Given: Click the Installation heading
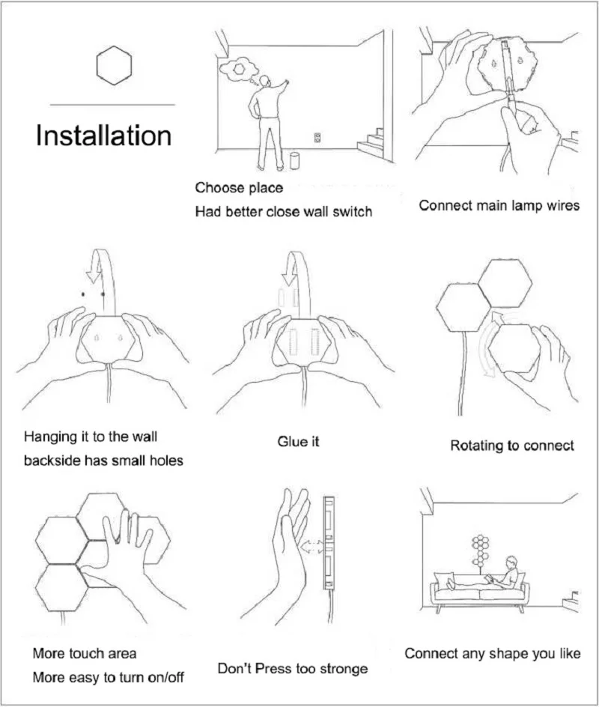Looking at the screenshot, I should pyautogui.click(x=103, y=136).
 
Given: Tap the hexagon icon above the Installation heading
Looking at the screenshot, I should pyautogui.click(x=114, y=64).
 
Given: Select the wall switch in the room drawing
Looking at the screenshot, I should pyautogui.click(x=317, y=138).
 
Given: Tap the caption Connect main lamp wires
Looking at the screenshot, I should pyautogui.click(x=499, y=205).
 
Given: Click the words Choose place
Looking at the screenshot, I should pyautogui.click(x=239, y=187).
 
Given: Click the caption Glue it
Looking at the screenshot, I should pyautogui.click(x=298, y=442).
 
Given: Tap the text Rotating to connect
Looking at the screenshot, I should pyautogui.click(x=511, y=446).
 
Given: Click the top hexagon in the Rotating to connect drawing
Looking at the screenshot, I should pyautogui.click(x=505, y=282).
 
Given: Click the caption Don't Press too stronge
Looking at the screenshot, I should pyautogui.click(x=292, y=668).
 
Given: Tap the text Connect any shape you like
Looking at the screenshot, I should pyautogui.click(x=492, y=654).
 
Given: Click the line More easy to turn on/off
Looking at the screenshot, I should pyautogui.click(x=108, y=678).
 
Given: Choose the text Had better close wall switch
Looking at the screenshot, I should pyautogui.click(x=283, y=212).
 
